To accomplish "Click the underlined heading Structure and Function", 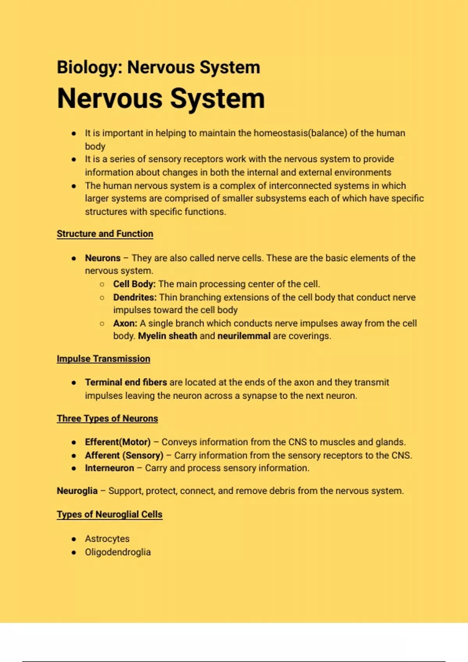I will [105, 234].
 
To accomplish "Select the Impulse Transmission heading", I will [103, 359].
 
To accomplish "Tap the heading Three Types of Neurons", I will [107, 418].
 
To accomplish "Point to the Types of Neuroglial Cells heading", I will [110, 514].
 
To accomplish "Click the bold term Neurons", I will [103, 258].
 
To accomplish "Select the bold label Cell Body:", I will [134, 284].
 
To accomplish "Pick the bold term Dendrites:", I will [135, 297].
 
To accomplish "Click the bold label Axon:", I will [125, 323].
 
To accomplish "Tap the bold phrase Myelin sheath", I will [167, 336].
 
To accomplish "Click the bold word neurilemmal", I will [244, 336].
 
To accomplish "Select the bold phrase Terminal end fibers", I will [126, 382].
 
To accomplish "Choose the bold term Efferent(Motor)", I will [118, 442].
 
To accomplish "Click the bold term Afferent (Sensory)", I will [124, 455].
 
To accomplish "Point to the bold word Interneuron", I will [110, 468].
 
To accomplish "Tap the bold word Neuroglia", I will [77, 491].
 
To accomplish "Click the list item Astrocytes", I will [107, 539].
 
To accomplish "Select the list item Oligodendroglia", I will [118, 552].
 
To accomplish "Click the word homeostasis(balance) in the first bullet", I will [300, 133].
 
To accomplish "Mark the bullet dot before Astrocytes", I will [74, 539].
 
